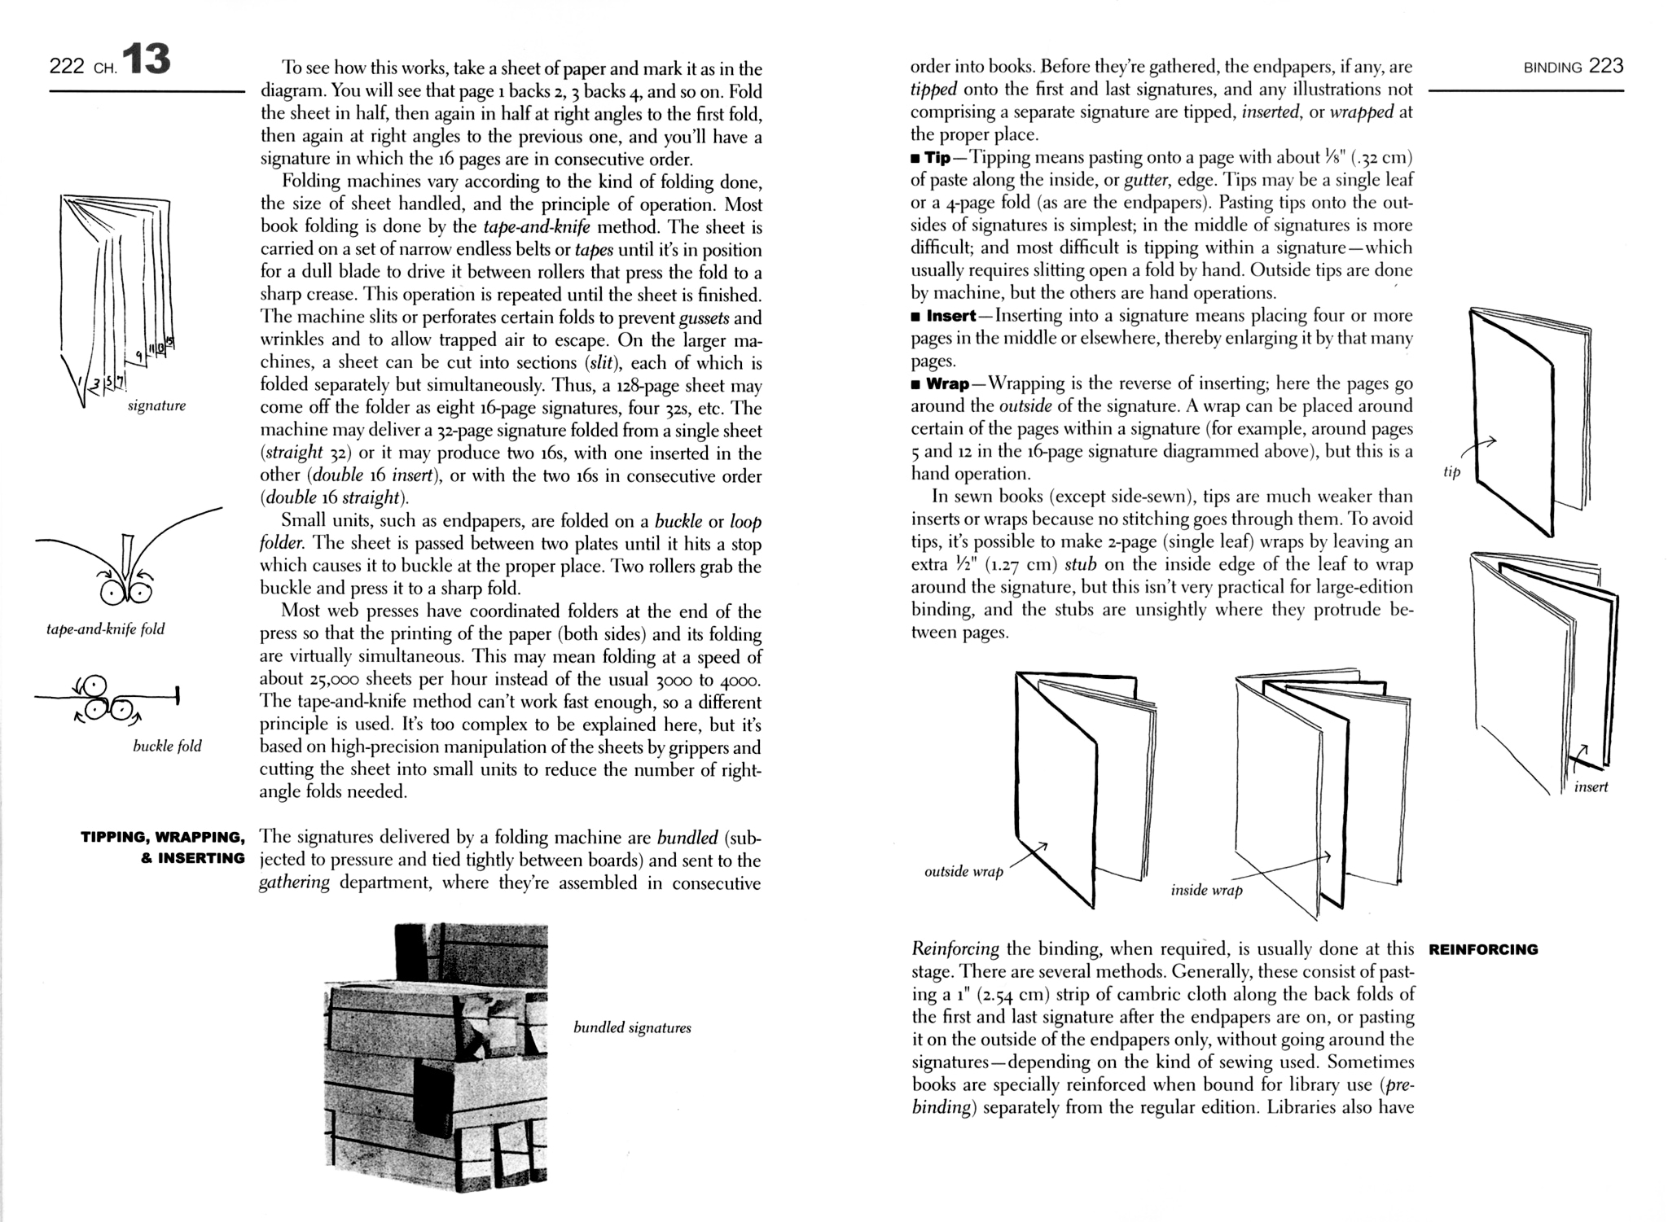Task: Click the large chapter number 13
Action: [147, 60]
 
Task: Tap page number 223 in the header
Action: [1606, 66]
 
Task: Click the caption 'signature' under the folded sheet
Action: [156, 405]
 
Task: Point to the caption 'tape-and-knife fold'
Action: [106, 629]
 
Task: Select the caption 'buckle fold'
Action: [167, 746]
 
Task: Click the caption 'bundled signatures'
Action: [632, 1027]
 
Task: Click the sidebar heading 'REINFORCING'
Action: [1483, 949]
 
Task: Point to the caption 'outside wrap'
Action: [963, 872]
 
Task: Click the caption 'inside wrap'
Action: [1206, 890]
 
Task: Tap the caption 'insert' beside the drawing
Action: [1591, 786]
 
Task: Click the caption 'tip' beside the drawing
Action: [1451, 472]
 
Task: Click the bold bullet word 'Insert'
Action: [951, 316]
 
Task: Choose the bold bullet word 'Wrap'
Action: [947, 383]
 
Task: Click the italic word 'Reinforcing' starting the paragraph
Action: [955, 949]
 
